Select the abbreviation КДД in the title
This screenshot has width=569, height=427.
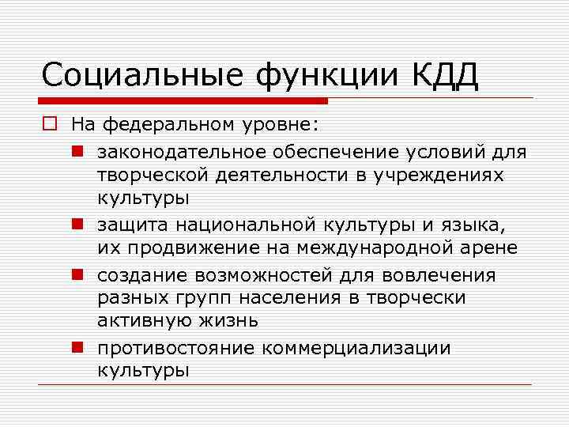coord(445,77)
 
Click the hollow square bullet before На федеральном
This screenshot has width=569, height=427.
coord(50,124)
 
